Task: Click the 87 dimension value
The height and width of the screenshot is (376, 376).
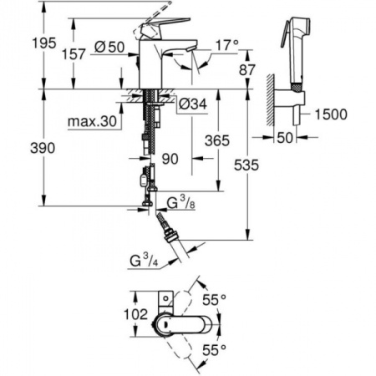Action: pyautogui.click(x=246, y=72)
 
